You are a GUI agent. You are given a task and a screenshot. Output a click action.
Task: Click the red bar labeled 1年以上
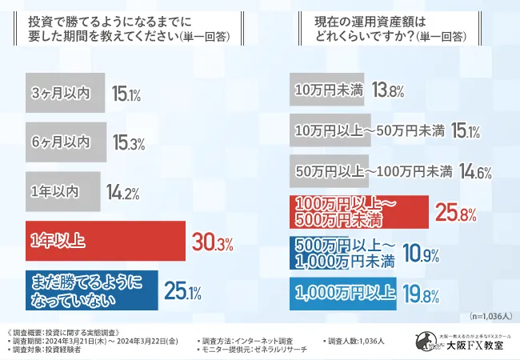tap(104, 241)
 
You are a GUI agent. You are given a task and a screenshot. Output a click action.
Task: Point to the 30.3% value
tap(211, 242)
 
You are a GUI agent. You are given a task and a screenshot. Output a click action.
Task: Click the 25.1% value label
tap(183, 290)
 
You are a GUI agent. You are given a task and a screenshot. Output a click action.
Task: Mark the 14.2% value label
tap(123, 193)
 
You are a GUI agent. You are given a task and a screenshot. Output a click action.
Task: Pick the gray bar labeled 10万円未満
tap(328, 90)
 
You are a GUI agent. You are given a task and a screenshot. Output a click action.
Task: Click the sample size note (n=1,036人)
tap(486, 318)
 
